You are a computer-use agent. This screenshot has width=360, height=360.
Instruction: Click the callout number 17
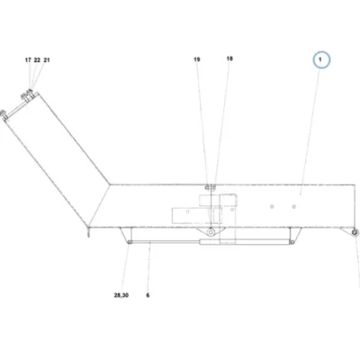point(28,60)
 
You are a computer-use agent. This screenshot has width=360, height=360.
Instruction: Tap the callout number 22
point(37,60)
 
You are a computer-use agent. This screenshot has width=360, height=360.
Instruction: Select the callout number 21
point(47,60)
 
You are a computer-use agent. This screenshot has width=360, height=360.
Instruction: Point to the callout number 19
point(197,59)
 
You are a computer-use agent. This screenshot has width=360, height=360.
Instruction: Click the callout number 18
point(229,58)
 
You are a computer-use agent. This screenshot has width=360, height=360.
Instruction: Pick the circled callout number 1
point(321,59)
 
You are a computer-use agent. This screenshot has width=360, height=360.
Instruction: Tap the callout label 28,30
point(121,295)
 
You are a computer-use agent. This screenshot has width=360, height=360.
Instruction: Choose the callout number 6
point(148,295)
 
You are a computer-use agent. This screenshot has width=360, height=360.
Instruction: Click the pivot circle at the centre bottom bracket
point(211,232)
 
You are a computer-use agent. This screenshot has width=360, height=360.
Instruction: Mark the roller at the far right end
point(355,232)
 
